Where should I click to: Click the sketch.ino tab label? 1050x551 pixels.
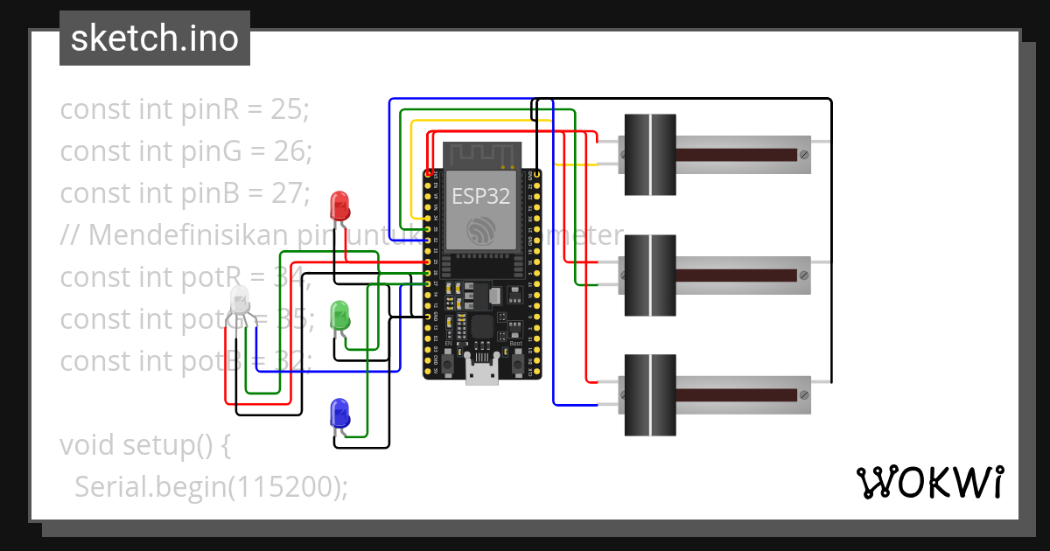[155, 38]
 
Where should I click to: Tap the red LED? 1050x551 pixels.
[339, 206]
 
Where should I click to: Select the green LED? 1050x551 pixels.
[339, 316]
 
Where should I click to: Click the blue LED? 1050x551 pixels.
[339, 414]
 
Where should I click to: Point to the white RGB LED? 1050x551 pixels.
[241, 303]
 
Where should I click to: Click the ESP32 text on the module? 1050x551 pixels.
[480, 196]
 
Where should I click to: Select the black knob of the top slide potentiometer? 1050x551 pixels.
[649, 155]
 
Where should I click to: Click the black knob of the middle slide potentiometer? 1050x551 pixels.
[649, 275]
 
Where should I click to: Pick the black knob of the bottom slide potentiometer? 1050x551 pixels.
[649, 395]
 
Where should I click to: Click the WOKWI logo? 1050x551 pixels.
[929, 482]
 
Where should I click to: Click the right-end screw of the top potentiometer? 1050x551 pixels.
[803, 155]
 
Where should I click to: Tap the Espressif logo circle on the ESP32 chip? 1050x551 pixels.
[481, 231]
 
